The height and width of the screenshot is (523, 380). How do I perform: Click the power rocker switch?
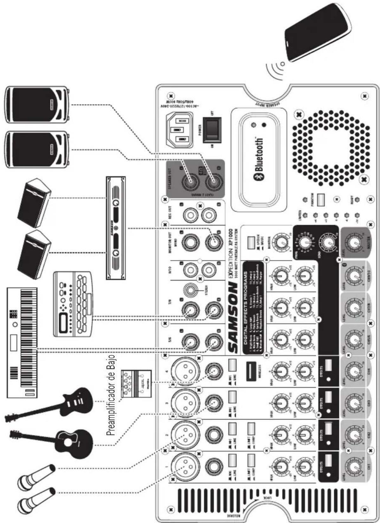(x=212, y=130)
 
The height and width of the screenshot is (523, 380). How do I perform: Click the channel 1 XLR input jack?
(x=185, y=467)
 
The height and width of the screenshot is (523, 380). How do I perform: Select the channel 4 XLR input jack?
(x=185, y=371)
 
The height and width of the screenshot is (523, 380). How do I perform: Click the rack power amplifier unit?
(x=115, y=228)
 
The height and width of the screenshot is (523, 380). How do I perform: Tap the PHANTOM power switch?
(x=321, y=200)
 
